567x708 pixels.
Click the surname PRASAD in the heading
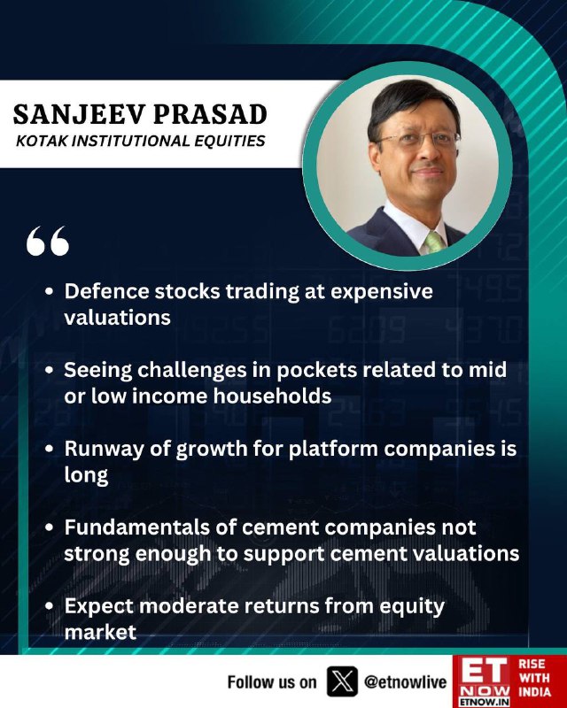211,114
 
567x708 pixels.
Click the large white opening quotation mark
48,241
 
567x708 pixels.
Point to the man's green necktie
433,242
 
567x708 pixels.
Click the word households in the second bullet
273,396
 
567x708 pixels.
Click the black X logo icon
342,681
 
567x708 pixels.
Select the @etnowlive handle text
405,681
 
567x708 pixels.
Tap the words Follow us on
272,681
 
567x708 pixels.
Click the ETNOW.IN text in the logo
485,702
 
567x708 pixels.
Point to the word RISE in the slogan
532,664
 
